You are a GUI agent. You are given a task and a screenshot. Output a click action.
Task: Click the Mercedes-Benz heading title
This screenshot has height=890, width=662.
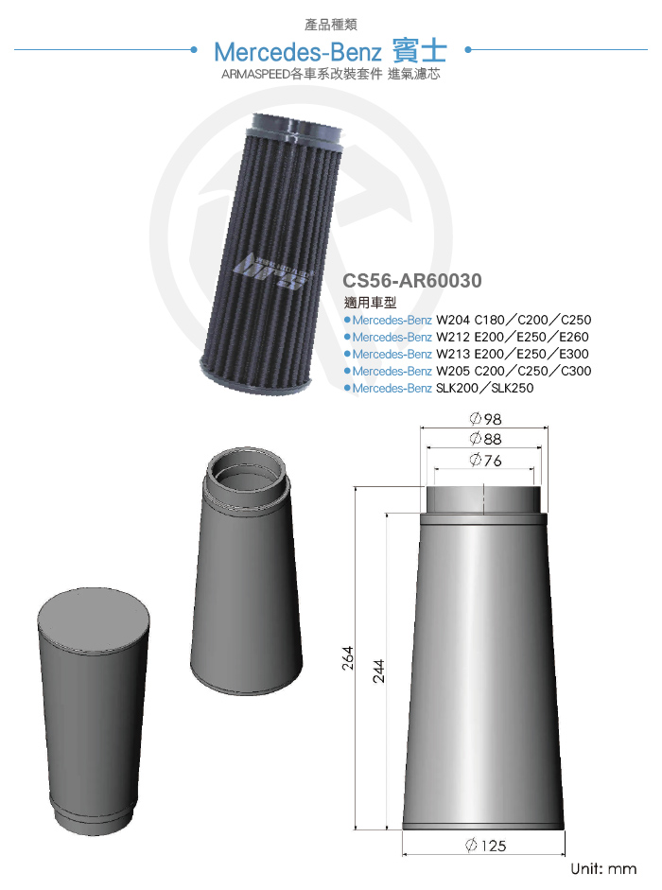[330, 52]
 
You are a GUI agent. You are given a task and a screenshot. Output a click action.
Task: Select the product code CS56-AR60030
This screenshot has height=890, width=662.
[412, 280]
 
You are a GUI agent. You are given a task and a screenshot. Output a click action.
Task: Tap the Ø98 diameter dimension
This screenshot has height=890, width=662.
[485, 419]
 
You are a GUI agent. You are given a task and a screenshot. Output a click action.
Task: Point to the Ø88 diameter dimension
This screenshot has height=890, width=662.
[485, 439]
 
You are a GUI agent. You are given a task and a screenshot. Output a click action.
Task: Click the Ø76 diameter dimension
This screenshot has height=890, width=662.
[485, 460]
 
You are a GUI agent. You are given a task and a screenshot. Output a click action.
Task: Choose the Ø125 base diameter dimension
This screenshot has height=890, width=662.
[485, 846]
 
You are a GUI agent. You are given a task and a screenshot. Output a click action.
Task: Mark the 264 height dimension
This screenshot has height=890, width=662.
[347, 658]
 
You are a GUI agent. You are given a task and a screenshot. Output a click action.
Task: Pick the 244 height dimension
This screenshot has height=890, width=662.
[378, 671]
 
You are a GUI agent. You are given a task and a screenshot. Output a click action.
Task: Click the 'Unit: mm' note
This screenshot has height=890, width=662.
[603, 869]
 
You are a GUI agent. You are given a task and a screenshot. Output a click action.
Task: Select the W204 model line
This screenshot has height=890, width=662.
[468, 320]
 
